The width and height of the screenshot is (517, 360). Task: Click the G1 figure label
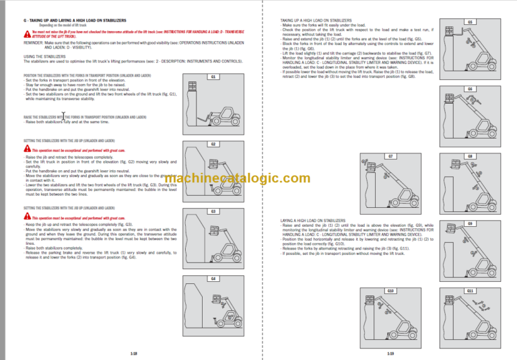click(213, 77)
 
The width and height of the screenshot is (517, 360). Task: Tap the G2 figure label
click(213, 144)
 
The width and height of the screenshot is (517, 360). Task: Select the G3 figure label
click(213, 211)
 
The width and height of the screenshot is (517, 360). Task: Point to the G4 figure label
click(213, 278)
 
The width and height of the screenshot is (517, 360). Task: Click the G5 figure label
click(470, 22)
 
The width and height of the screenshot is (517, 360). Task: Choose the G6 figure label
click(470, 89)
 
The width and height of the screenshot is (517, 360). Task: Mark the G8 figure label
click(470, 156)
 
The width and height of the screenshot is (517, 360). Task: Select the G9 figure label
click(470, 223)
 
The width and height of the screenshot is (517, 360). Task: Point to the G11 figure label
click(470, 290)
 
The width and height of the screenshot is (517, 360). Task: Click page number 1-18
click(135, 353)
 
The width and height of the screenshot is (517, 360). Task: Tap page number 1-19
click(390, 353)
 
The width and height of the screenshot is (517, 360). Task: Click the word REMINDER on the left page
click(35, 42)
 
